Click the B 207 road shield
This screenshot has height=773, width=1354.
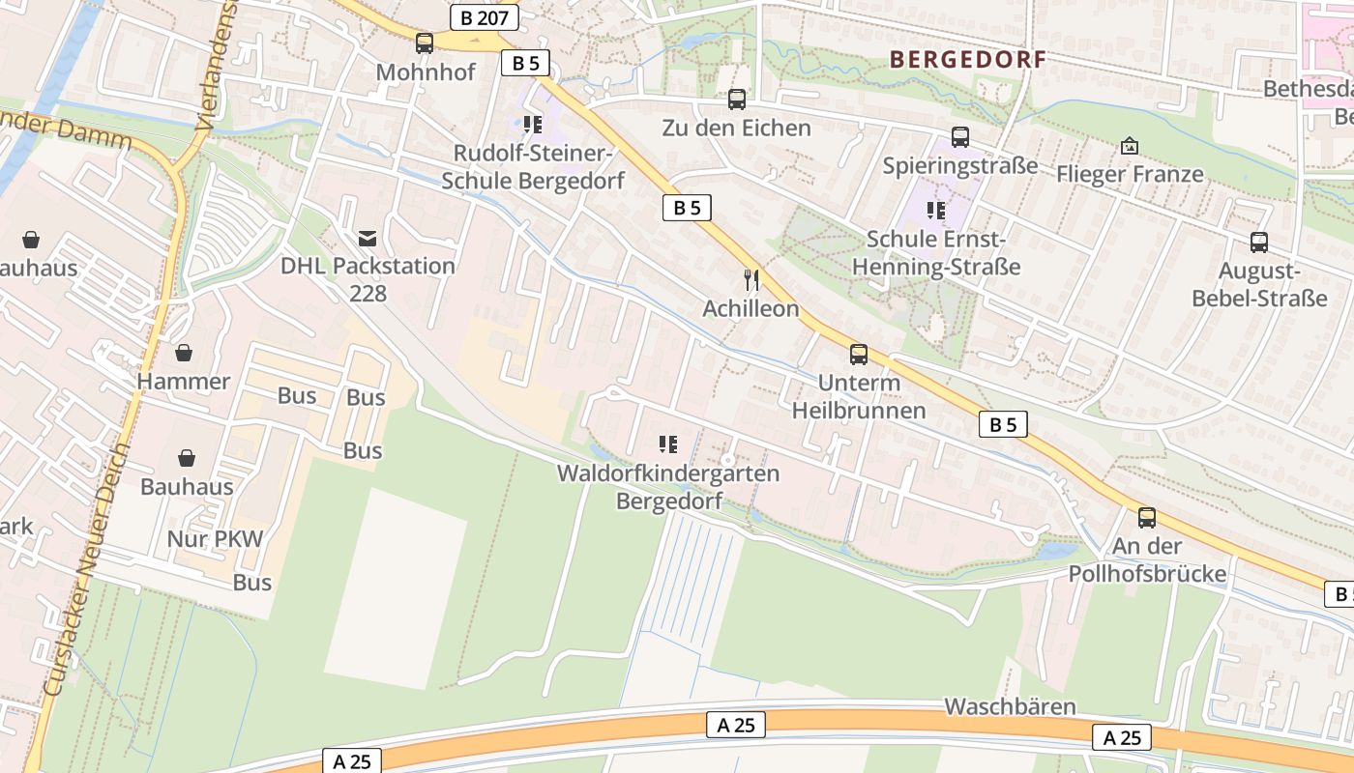click(485, 17)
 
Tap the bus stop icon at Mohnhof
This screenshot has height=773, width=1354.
click(425, 43)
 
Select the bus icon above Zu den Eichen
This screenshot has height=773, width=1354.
click(737, 99)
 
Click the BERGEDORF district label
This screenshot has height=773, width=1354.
click(968, 60)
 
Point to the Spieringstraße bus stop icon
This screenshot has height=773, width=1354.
click(960, 137)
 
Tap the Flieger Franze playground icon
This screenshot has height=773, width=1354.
click(1129, 146)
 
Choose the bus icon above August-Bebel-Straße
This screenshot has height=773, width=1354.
click(1258, 243)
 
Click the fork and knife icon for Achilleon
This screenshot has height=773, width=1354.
click(751, 280)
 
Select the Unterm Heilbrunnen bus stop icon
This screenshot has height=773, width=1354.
click(858, 355)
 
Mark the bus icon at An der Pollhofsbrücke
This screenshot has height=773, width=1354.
click(1147, 518)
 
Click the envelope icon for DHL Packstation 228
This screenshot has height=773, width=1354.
click(368, 238)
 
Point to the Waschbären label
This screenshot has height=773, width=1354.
click(1010, 706)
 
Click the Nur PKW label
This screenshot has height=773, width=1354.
click(215, 539)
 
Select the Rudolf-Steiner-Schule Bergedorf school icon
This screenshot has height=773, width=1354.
click(532, 124)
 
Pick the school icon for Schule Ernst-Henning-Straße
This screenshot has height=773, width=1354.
click(935, 210)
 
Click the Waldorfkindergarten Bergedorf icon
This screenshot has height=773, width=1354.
click(667, 444)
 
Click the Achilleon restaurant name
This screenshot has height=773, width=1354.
click(751, 309)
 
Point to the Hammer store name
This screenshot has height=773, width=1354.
click(184, 382)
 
